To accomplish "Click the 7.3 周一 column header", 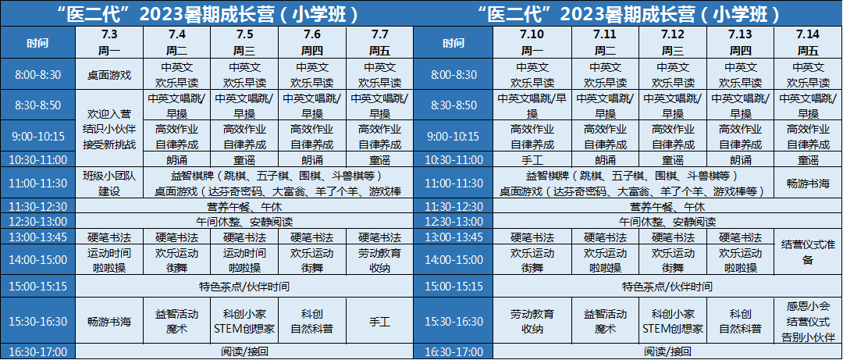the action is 109,43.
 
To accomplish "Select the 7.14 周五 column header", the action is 808,43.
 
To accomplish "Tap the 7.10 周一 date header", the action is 532,43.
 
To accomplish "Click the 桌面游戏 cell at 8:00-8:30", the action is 109,75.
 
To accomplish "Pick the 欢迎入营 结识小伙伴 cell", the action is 109,129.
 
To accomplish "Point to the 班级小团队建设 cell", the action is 109,184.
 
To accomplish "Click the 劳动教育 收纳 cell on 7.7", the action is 379,260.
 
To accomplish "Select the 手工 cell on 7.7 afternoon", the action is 379,322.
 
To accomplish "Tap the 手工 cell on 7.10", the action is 532,160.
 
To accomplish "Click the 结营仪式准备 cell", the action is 808,252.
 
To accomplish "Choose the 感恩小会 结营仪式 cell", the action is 808,322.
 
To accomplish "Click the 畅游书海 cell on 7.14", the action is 808,184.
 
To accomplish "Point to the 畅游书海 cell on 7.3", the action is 109,322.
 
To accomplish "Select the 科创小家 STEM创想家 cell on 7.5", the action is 244,322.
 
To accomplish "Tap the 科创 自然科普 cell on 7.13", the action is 740,322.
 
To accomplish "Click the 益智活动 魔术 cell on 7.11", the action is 606,322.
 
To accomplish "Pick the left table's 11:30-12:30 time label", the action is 37,207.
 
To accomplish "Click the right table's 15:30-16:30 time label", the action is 454,322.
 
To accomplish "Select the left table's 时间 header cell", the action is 37,43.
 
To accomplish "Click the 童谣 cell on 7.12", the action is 673,160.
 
